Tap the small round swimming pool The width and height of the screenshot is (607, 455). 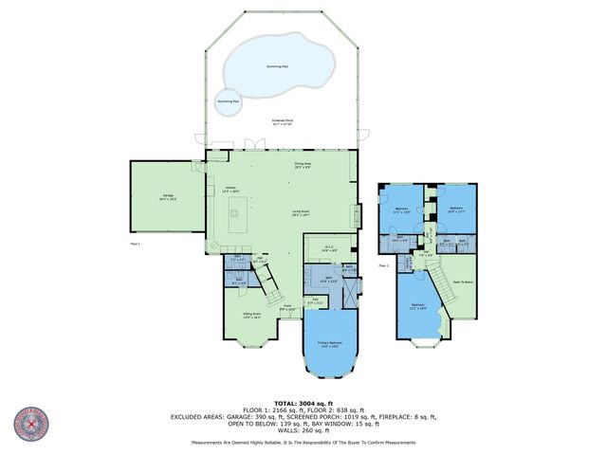(228, 101)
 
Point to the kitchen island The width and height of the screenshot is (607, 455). (236, 219)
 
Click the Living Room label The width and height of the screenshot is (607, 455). (303, 213)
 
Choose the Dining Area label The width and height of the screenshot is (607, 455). (303, 166)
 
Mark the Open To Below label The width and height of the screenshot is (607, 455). (463, 282)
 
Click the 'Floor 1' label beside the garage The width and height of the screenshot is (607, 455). (133, 245)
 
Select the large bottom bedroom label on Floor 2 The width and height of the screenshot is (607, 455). (418, 306)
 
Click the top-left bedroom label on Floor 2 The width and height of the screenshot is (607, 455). (401, 209)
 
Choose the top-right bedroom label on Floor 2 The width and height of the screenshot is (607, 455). (456, 209)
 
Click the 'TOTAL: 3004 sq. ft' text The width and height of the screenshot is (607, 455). (303, 402)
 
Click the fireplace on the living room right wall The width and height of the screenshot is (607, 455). (357, 216)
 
